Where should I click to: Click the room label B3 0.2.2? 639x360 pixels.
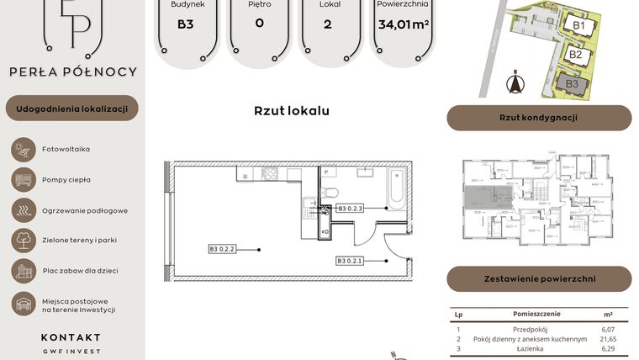pos(222,249)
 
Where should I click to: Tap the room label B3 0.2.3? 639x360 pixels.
pos(349,208)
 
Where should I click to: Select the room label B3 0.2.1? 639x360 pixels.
pos(349,260)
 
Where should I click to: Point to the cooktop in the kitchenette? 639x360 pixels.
pos(269,175)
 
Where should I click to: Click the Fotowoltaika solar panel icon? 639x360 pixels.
pos(22,149)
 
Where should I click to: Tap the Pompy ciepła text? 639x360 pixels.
pos(66,179)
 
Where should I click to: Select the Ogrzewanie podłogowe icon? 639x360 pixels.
pos(22,209)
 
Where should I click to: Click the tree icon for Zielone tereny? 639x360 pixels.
pos(22,240)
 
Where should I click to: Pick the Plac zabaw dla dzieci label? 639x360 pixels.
pos(80,270)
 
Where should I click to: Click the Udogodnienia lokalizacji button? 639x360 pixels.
pos(71,109)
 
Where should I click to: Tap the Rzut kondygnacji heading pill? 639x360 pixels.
pos(538,118)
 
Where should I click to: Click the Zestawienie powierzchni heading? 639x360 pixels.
pos(538,278)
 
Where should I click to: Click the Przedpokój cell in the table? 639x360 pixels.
pos(530,329)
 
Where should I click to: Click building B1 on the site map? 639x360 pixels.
pos(578,26)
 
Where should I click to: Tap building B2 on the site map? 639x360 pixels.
pos(575,55)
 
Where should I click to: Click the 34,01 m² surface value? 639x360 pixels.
pos(404,24)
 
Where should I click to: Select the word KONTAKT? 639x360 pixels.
pos(71,337)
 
